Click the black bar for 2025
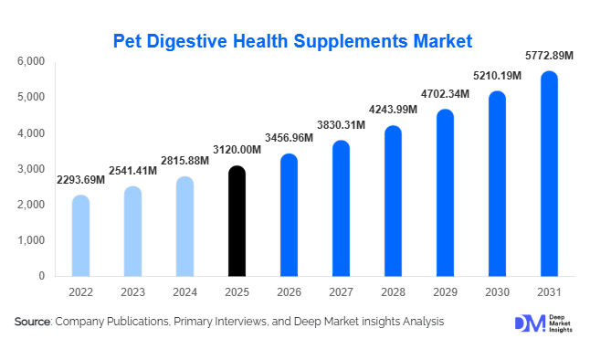pyautogui.click(x=237, y=221)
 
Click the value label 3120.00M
pyautogui.click(x=237, y=153)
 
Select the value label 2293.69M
pyautogui.click(x=80, y=181)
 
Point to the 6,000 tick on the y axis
pyautogui.click(x=31, y=61)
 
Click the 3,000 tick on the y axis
pyautogui.click(x=31, y=169)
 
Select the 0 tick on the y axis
pyautogui.click(x=41, y=276)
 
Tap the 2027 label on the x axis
pyautogui.click(x=341, y=293)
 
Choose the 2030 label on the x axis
pyautogui.click(x=497, y=293)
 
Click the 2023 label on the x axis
pyautogui.click(x=132, y=293)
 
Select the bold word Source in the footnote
pyautogui.click(x=32, y=322)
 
